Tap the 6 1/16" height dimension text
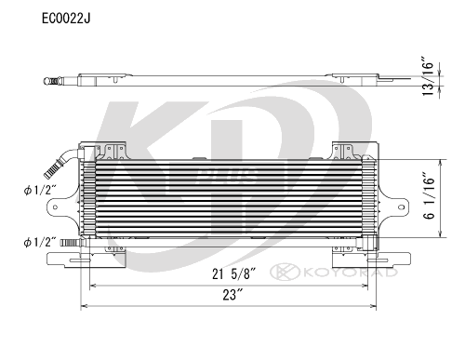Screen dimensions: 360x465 tap(430, 197)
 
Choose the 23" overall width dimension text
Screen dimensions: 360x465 tap(227, 296)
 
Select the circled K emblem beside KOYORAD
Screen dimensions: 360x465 tap(280, 273)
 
